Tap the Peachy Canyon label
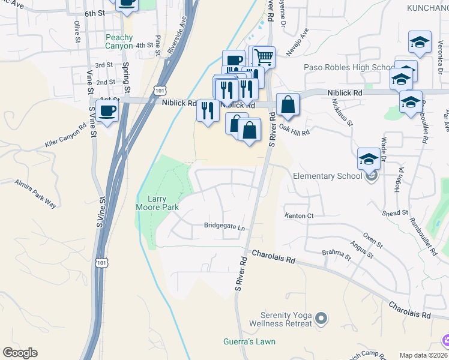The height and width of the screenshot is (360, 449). (119, 41)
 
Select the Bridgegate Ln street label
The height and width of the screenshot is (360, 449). (225, 227)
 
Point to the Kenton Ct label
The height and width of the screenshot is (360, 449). (299, 215)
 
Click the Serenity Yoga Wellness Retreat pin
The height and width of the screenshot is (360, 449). (321, 319)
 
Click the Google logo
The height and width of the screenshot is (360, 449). (20, 353)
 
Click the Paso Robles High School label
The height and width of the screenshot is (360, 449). (349, 67)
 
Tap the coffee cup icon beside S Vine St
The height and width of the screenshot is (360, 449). (107, 112)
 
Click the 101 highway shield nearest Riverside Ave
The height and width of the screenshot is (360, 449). (158, 90)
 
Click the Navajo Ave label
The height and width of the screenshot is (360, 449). (297, 42)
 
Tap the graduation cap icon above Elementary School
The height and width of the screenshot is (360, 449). (369, 160)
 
